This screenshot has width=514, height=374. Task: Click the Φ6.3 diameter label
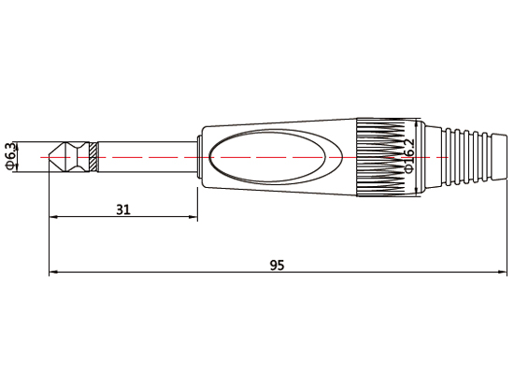point(10,156)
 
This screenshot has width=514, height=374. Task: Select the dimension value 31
point(122,210)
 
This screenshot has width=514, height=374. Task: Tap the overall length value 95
point(277,266)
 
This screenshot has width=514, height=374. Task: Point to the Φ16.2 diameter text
point(408,156)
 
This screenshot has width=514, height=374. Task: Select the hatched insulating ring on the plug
point(94,157)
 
